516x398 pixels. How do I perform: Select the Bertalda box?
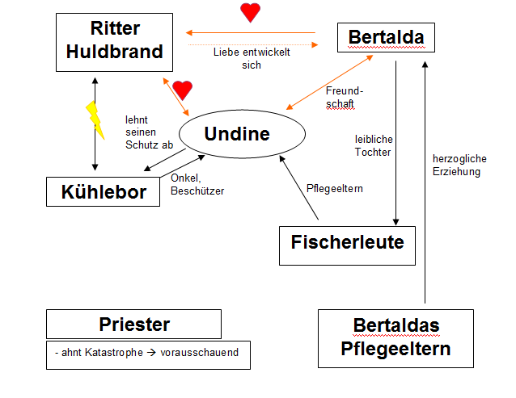[386, 37]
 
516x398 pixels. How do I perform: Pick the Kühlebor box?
[104, 192]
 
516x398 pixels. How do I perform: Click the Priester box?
[133, 325]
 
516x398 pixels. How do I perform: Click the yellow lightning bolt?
[95, 119]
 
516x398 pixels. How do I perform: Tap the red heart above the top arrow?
[251, 13]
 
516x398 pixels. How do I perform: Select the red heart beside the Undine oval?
[183, 90]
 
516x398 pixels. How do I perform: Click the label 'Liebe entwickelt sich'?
[251, 58]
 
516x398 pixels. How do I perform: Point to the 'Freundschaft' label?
[340, 97]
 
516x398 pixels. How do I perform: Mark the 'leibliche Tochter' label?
[373, 145]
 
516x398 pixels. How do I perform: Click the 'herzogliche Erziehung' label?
[457, 165]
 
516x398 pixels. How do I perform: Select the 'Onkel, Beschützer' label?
[197, 185]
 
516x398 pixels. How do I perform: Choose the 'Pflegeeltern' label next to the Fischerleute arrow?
[335, 188]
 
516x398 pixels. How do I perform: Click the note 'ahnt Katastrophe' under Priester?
[95, 353]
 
